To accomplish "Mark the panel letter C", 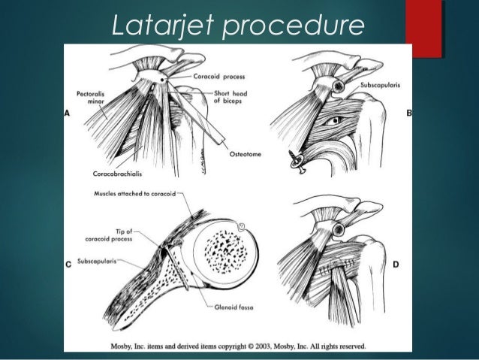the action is pyautogui.click(x=68, y=264).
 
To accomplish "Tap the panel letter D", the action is pyautogui.click(x=396, y=264).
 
